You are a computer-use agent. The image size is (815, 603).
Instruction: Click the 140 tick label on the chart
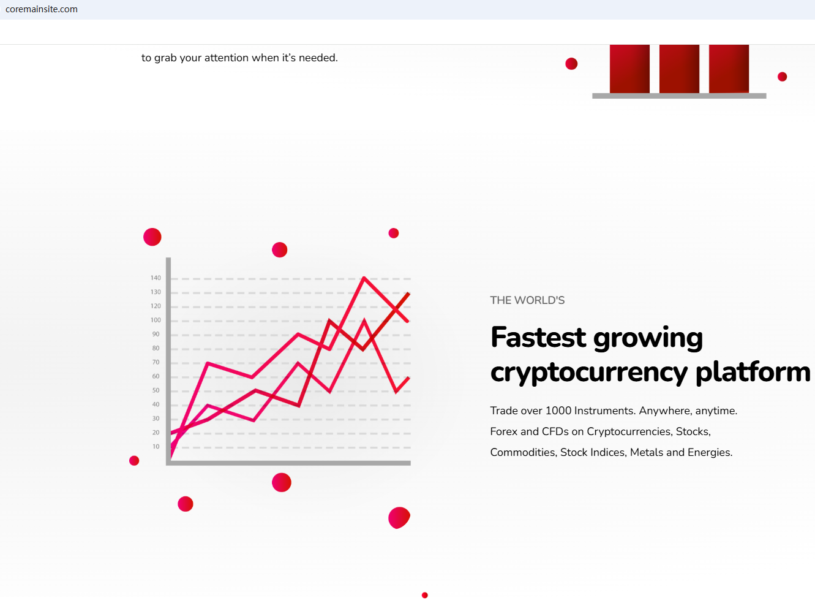[x=156, y=278]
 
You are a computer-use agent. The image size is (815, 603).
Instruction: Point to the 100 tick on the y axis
[x=156, y=320]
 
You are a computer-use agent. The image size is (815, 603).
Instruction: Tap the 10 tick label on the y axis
[x=156, y=446]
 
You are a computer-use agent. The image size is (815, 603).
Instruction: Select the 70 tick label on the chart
[x=156, y=362]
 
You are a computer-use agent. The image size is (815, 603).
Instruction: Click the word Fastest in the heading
[x=538, y=337]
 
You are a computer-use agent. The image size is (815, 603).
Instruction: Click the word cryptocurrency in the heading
[x=588, y=373]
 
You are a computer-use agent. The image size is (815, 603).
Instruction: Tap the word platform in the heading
[x=753, y=371]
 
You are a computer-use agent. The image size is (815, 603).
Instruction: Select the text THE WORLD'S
[x=527, y=300]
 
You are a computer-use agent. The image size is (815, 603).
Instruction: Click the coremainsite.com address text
[x=42, y=9]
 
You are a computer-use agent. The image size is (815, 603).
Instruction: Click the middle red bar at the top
[x=679, y=69]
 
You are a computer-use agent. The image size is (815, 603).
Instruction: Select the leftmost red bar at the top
[x=629, y=69]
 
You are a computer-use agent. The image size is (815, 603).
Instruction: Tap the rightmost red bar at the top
[x=729, y=69]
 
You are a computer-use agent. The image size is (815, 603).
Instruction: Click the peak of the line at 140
[x=364, y=278]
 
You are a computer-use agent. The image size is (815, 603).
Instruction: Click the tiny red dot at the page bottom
[x=425, y=595]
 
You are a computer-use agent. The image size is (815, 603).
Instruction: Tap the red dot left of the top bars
[x=571, y=64]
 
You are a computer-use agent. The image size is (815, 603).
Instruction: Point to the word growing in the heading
[x=648, y=338]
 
